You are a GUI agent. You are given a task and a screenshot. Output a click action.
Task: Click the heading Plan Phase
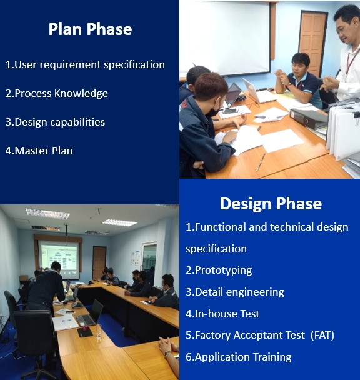(x=90, y=29)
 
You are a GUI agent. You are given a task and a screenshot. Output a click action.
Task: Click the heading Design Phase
(x=271, y=204)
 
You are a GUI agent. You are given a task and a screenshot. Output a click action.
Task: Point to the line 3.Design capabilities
(x=55, y=122)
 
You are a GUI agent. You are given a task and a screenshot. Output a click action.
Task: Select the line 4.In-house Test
(x=222, y=314)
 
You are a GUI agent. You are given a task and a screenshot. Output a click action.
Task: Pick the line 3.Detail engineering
(x=235, y=292)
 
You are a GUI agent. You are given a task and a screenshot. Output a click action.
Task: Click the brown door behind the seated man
(x=312, y=41)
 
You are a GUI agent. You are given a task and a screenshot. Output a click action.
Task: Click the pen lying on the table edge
(x=261, y=161)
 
